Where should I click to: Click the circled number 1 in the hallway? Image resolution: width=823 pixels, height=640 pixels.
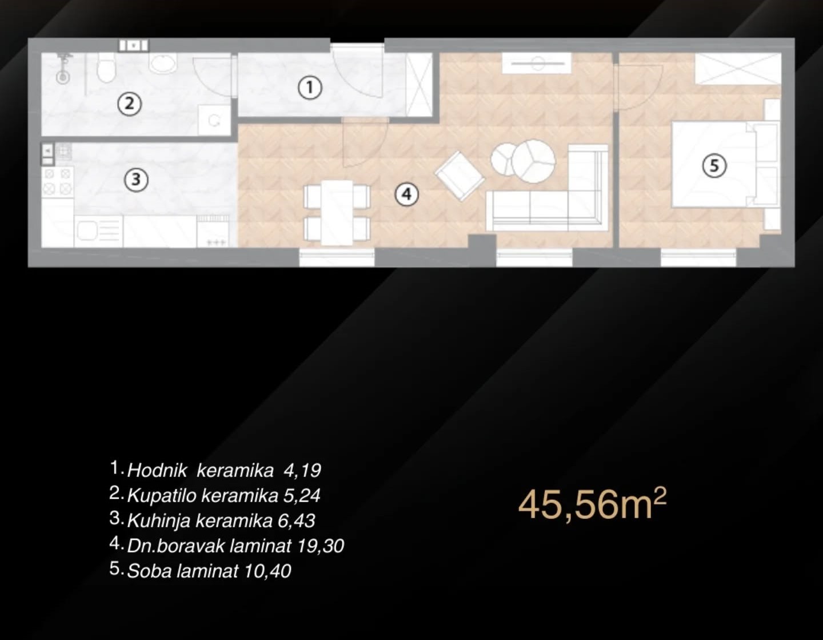pyautogui.click(x=310, y=88)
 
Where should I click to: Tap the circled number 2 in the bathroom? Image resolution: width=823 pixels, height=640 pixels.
pyautogui.click(x=129, y=104)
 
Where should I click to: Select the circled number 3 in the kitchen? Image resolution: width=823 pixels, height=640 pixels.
pyautogui.click(x=137, y=180)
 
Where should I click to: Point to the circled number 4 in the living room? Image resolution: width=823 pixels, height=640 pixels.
pyautogui.click(x=406, y=194)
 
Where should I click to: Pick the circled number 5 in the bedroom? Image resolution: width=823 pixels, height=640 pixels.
pyautogui.click(x=714, y=166)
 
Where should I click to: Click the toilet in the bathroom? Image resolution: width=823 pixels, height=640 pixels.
pyautogui.click(x=106, y=67)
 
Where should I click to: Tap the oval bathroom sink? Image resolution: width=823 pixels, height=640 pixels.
pyautogui.click(x=163, y=62)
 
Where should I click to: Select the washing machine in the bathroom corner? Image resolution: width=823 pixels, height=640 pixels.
pyautogui.click(x=214, y=120)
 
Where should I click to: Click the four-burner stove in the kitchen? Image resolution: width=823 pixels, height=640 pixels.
pyautogui.click(x=58, y=181)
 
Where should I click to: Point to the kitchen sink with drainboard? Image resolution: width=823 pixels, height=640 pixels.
pyautogui.click(x=99, y=231)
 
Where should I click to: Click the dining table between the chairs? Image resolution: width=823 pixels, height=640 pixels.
pyautogui.click(x=337, y=212)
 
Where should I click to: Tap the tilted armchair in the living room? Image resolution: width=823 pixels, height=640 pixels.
pyautogui.click(x=460, y=176)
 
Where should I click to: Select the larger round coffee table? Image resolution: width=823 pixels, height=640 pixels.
pyautogui.click(x=534, y=161)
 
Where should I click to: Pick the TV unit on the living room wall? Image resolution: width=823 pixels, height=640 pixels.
pyautogui.click(x=537, y=63)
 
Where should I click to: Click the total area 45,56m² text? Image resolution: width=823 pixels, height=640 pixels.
pyautogui.click(x=592, y=505)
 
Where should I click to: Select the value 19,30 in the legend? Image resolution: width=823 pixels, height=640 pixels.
pyautogui.click(x=321, y=546)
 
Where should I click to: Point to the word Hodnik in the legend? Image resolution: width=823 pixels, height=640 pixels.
pyautogui.click(x=157, y=471)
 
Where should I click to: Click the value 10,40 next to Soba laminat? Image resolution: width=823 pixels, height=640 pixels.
pyautogui.click(x=267, y=571)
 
